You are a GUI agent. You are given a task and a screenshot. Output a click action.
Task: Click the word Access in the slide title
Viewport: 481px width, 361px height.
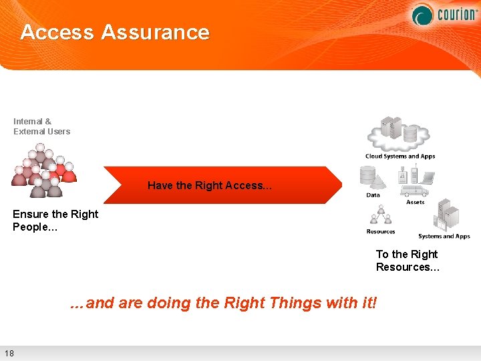pos(57,32)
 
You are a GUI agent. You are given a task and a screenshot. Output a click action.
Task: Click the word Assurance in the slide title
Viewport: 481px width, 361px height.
pos(155,32)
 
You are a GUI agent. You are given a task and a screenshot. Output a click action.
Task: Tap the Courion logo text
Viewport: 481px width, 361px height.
pos(456,14)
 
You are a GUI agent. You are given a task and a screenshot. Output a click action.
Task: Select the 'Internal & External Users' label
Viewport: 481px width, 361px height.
pos(41,126)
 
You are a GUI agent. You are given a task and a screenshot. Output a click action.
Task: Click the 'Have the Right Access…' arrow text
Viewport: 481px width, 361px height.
pos(210,185)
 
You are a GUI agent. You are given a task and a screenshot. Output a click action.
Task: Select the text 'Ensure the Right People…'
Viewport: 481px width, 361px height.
pos(55,220)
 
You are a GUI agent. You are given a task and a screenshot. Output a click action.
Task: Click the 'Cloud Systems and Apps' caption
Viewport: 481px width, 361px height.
pos(399,156)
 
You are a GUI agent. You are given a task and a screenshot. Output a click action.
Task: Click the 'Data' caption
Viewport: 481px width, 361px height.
pos(373,195)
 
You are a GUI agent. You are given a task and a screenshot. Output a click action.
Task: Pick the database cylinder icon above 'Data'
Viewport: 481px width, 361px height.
pos(368,176)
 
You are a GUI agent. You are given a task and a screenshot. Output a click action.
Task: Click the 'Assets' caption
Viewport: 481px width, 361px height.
pos(415,202)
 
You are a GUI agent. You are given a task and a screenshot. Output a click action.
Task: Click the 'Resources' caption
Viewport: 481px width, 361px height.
pos(380,231)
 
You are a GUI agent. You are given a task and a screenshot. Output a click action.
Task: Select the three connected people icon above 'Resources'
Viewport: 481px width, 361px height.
pos(381,215)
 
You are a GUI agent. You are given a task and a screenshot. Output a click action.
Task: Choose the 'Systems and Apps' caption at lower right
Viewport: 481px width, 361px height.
pos(444,236)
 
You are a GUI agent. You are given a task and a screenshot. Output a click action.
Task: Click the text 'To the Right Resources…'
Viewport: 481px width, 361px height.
pos(407,260)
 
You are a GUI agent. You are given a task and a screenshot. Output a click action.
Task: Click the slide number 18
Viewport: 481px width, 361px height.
pos(9,353)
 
